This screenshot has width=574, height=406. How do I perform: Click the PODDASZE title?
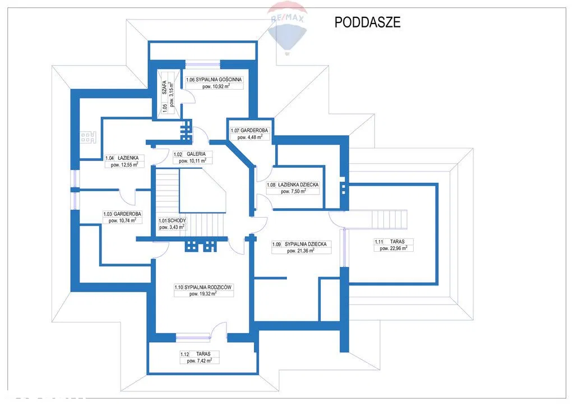coord(367,22)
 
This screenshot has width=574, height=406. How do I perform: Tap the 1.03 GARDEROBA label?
coord(123,214)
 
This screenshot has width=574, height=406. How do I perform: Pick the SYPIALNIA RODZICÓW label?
coord(203,287)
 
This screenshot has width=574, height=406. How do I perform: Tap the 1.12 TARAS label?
coord(200,354)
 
